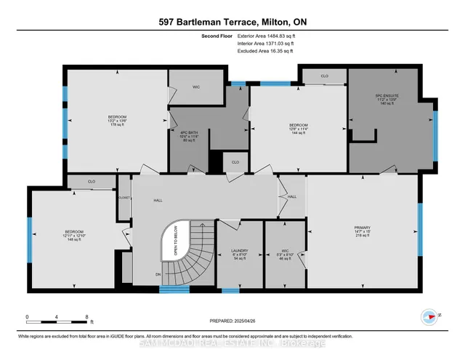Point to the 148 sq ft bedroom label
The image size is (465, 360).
73,236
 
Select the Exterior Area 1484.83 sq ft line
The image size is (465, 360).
267,35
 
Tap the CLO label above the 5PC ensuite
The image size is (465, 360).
325,75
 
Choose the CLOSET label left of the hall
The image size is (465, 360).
124,197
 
